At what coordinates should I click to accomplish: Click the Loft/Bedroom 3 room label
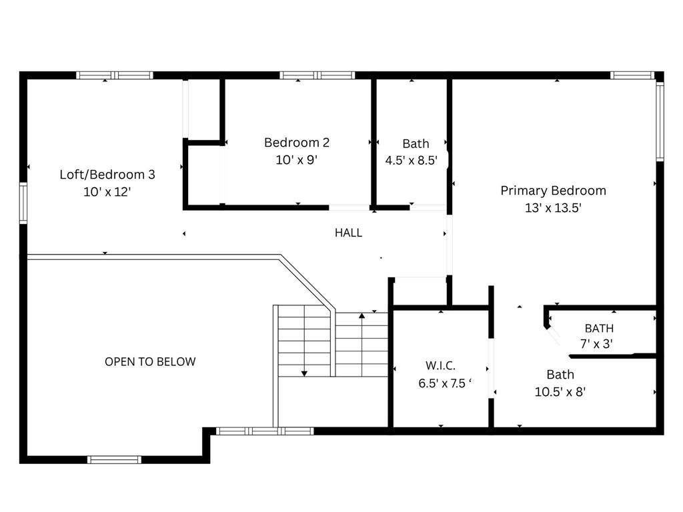107,175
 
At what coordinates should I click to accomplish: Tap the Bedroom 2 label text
297,143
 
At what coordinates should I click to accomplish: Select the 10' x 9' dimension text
296,160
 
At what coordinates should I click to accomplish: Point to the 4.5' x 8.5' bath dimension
411,160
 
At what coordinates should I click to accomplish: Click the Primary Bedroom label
553,191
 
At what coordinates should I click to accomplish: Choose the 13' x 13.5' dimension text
553,208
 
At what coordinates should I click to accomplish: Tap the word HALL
348,233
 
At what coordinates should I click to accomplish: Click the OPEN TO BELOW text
150,361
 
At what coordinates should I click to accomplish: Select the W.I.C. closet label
440,365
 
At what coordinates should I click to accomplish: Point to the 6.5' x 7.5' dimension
445,383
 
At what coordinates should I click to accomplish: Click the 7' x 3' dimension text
597,344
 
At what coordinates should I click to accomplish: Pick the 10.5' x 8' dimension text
560,392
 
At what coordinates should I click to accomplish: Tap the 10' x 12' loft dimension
107,191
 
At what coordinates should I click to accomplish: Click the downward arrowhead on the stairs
304,373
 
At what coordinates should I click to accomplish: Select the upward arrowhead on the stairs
362,315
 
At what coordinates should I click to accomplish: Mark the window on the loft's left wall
23,203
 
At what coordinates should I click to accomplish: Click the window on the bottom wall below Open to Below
114,460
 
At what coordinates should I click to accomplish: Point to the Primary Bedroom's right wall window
660,121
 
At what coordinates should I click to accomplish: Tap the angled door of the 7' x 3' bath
554,336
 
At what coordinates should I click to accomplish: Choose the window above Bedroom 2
317,75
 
